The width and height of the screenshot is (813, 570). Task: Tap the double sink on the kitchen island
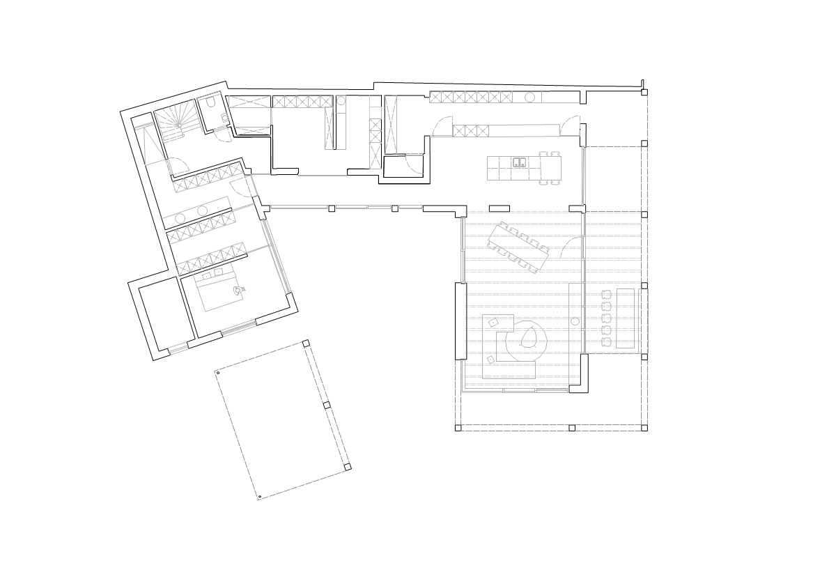(x=519, y=163)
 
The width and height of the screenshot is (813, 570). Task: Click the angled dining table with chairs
(x=520, y=243)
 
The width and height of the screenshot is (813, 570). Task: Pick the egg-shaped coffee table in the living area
(x=527, y=337)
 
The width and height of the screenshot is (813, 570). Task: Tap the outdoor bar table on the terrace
(x=626, y=317)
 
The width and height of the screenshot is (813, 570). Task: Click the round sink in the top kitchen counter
(x=529, y=97)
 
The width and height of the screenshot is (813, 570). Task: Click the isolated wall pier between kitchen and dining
(x=499, y=208)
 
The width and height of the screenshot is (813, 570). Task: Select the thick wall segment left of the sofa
(x=459, y=321)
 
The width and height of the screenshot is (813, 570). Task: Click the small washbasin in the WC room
(x=224, y=119)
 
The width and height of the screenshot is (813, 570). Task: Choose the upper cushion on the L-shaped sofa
(x=493, y=322)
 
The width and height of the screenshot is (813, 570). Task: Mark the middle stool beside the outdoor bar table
(x=605, y=317)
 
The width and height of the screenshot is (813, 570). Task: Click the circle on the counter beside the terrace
(x=576, y=321)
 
